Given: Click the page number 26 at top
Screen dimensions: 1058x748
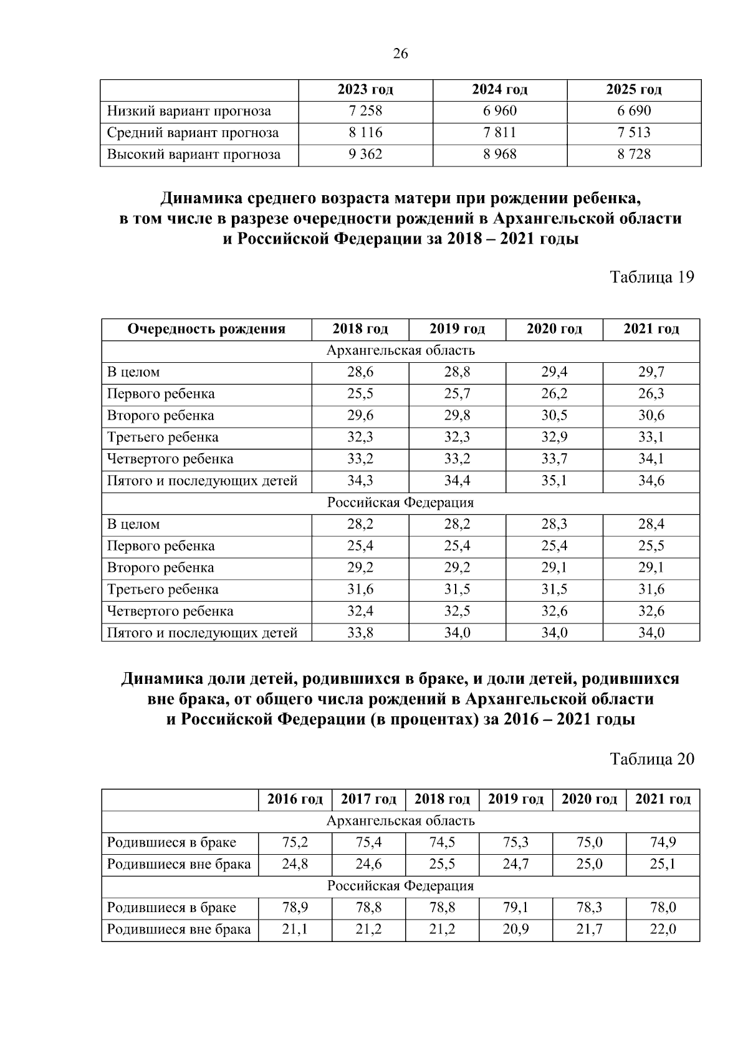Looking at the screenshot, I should click(x=400, y=54).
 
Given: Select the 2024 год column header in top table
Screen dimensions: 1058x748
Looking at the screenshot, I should click(x=499, y=90).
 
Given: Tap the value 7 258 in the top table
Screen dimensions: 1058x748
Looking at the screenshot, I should click(x=365, y=112).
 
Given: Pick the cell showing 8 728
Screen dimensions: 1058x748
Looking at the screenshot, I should click(x=634, y=155).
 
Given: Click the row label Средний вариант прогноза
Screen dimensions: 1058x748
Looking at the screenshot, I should click(x=193, y=133).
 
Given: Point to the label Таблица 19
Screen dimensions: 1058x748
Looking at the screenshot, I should click(x=651, y=277).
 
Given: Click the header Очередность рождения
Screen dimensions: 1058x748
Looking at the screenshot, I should click(x=206, y=329).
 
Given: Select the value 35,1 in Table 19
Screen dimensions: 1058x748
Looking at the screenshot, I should click(x=554, y=481).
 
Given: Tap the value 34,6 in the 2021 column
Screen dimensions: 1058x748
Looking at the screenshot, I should click(x=651, y=481).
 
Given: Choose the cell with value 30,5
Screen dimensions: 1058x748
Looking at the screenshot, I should click(x=554, y=416).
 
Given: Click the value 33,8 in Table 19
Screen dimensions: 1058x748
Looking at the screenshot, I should click(x=360, y=633).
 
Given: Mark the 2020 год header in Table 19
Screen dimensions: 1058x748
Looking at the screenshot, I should click(x=554, y=329).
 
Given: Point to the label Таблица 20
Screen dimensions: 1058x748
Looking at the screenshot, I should click(x=651, y=759).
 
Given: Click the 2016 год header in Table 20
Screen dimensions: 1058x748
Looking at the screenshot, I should click(x=295, y=799).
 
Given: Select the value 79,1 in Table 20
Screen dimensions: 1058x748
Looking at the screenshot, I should click(x=515, y=908).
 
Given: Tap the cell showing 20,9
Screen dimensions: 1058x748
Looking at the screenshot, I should click(x=515, y=930).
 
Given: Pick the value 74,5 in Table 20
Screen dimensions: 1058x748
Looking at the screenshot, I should click(x=442, y=843).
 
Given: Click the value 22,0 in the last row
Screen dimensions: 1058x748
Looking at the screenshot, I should click(x=663, y=930).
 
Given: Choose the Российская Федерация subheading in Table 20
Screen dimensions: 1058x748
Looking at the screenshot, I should click(x=400, y=886).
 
